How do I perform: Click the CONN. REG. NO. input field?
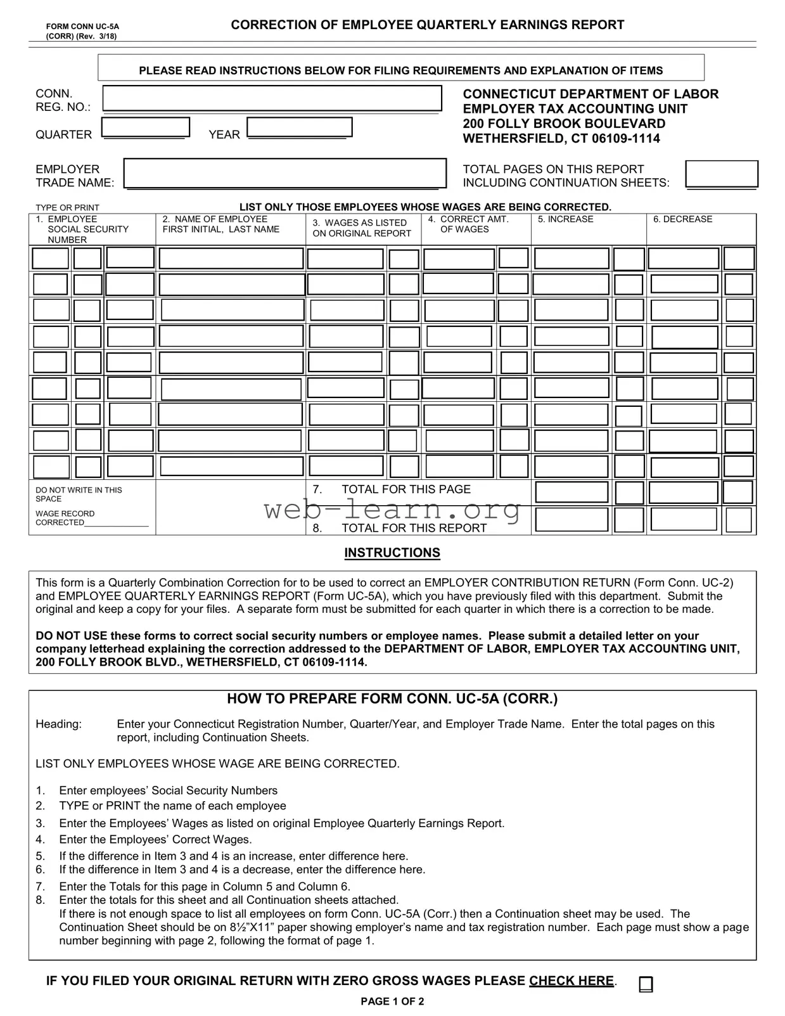coord(272,98)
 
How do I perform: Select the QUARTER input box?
coord(146,127)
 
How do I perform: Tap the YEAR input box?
coord(299,127)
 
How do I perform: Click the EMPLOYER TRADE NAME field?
coord(284,173)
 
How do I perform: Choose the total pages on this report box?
coord(722,174)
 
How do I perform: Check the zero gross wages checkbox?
coord(646,984)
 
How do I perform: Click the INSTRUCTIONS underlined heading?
coord(392,553)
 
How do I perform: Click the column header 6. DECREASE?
coord(682,219)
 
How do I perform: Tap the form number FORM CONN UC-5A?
coord(82,27)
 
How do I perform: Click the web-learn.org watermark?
coord(392,509)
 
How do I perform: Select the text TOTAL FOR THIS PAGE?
coord(405,489)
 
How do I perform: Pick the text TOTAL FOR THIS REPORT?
coord(414,528)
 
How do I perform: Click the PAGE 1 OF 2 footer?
coord(392,1001)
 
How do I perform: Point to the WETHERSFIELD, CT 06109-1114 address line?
coord(561,139)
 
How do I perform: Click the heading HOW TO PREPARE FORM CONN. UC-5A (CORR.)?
coord(392,699)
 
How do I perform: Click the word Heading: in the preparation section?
coord(58,724)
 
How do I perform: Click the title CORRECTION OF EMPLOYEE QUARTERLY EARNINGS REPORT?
coord(427,25)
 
